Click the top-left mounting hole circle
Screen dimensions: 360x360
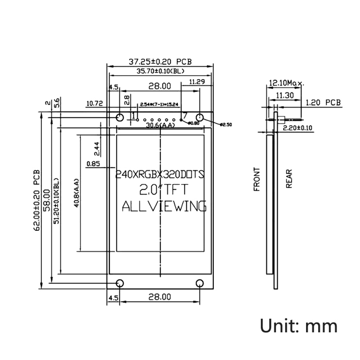[120, 118]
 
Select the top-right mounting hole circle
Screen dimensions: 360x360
[200, 118]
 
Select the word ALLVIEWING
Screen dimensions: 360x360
[164, 206]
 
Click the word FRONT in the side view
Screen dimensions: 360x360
[257, 180]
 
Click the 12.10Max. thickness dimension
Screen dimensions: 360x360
[286, 83]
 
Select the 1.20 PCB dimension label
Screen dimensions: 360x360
[323, 103]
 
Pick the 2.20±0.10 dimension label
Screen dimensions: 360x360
[297, 128]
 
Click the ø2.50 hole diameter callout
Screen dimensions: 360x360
[226, 125]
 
